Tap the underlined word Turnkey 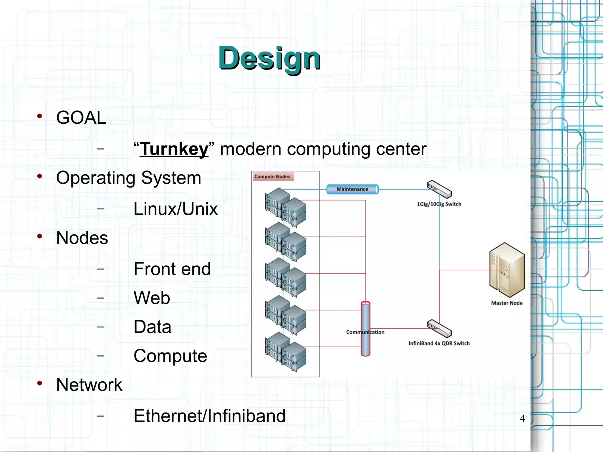click(174, 149)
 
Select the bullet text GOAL click(81, 117)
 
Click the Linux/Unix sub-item click(175, 209)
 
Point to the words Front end click(172, 269)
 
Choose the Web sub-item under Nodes click(152, 298)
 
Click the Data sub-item click(152, 327)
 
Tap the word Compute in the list click(170, 356)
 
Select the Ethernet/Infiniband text click(209, 416)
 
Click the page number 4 click(522, 418)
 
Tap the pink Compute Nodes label click(272, 177)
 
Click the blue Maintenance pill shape click(352, 189)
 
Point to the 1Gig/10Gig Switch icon click(439, 189)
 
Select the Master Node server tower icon click(507, 270)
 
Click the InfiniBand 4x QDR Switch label click(439, 343)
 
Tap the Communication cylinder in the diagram click(365, 328)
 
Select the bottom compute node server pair click(285, 352)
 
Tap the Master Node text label click(507, 303)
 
